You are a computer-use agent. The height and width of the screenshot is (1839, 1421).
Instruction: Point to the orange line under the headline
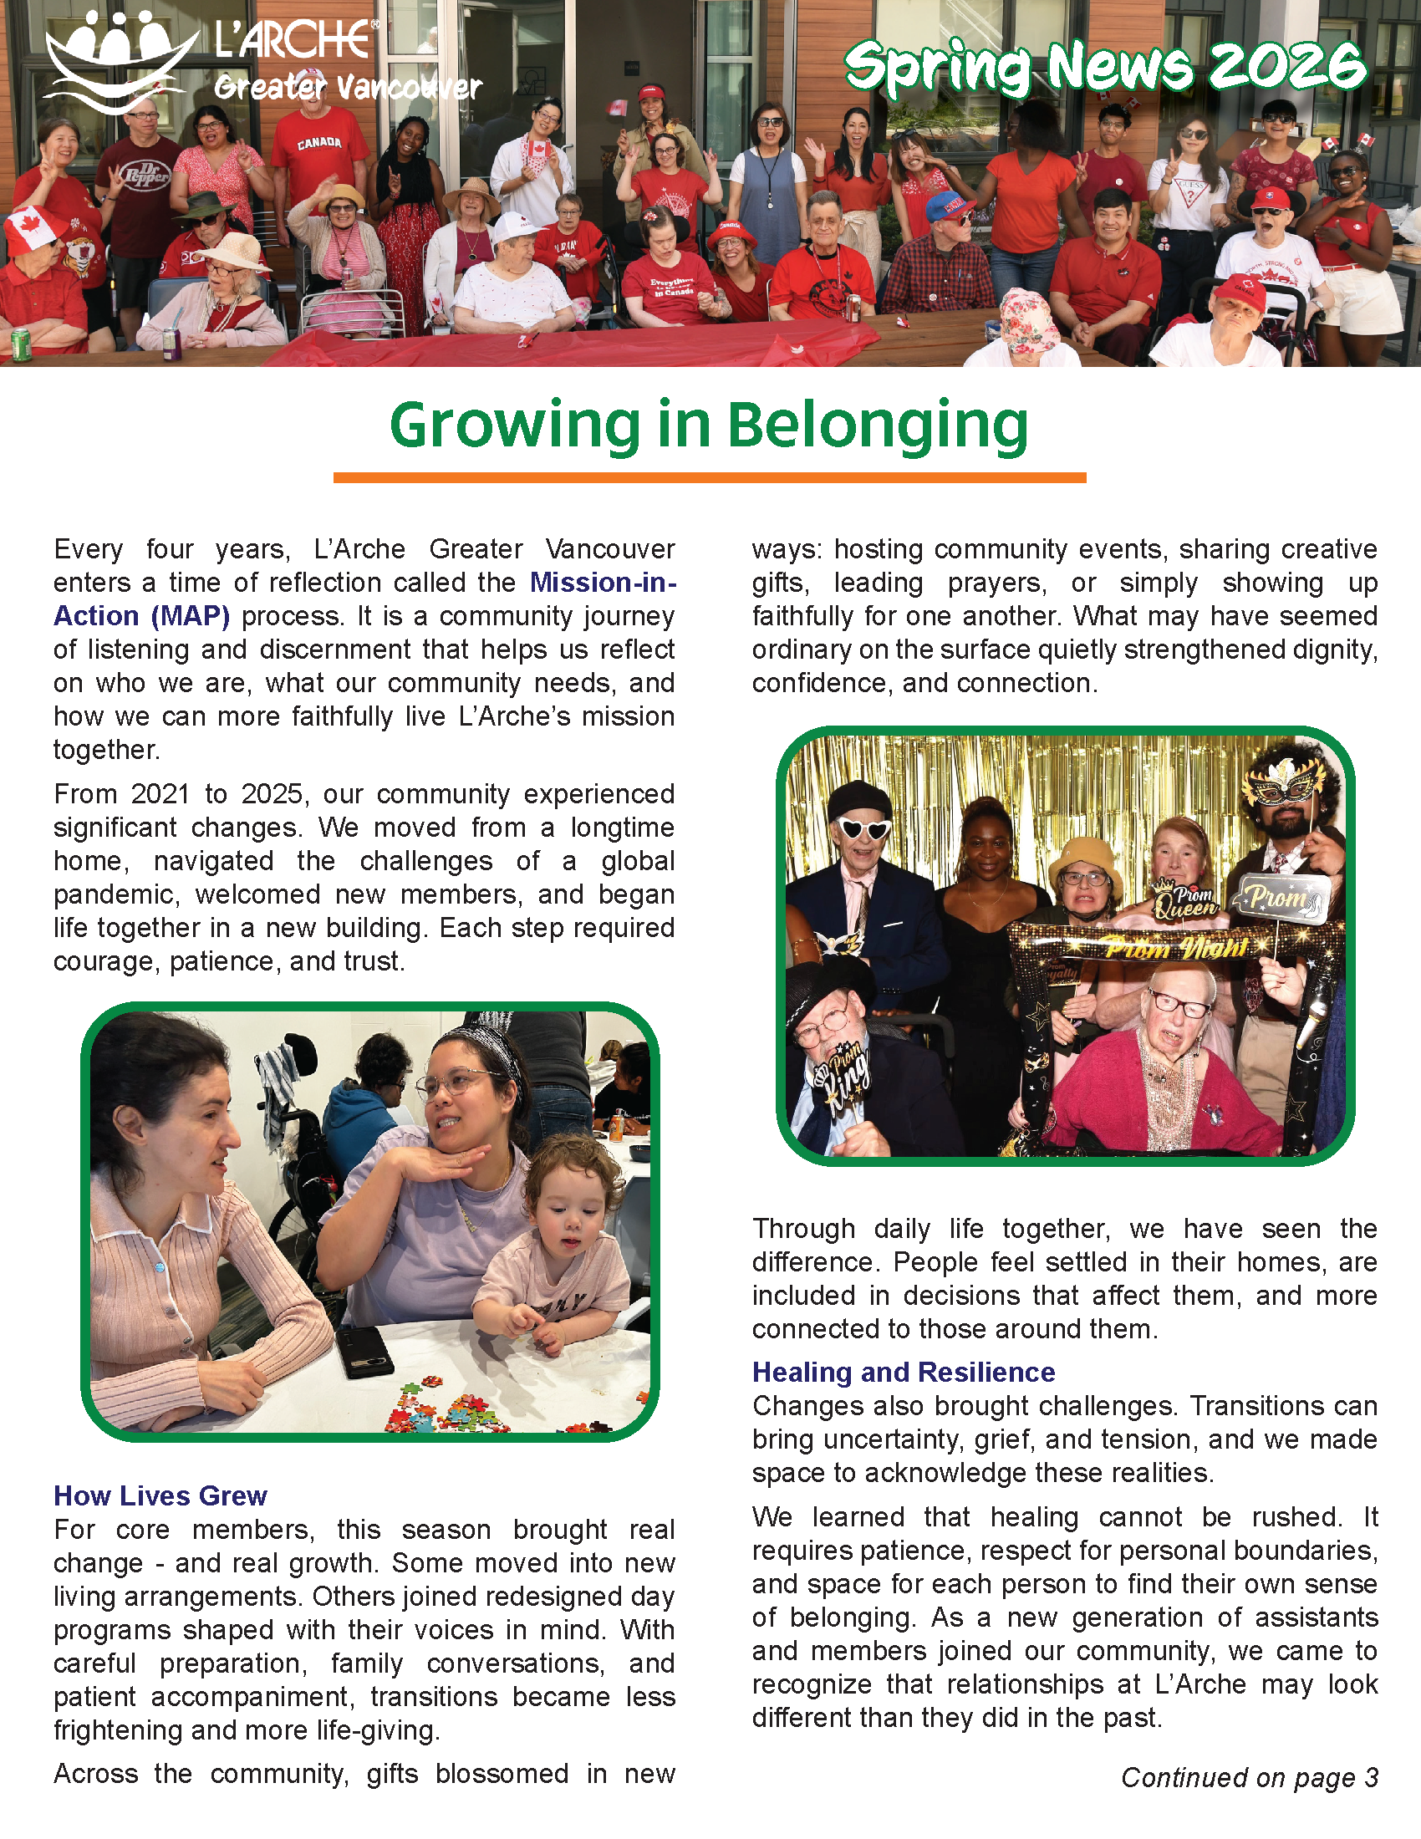[x=709, y=478]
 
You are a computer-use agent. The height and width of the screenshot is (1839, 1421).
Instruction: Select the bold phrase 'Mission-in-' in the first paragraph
[x=603, y=583]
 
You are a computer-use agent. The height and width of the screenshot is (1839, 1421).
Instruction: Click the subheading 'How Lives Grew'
[x=160, y=1495]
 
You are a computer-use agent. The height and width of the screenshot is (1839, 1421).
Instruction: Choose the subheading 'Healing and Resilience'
[x=903, y=1373]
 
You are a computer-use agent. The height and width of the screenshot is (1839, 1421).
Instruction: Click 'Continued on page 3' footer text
[x=1250, y=1777]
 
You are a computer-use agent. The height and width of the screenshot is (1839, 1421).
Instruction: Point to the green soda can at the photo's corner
[x=22, y=345]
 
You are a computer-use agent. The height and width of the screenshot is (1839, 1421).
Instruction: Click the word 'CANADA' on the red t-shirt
[x=319, y=143]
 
